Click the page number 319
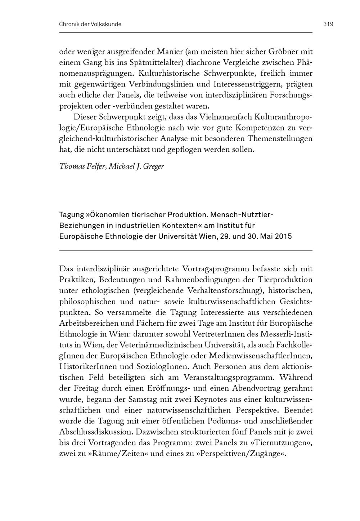(328, 25)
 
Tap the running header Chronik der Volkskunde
(90, 25)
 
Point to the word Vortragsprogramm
(216, 269)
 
